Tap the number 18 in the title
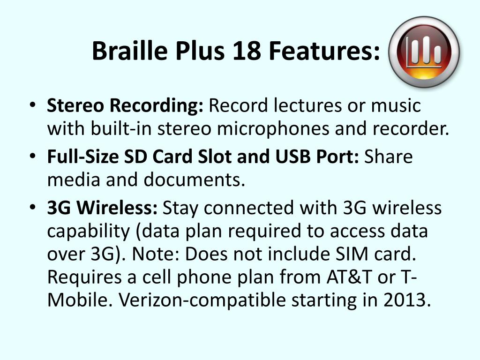pyautogui.click(x=247, y=51)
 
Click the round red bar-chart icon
pyautogui.click(x=424, y=52)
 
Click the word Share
pyautogui.click(x=388, y=157)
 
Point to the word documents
pyautogui.click(x=194, y=180)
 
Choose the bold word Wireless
pyautogui.click(x=117, y=208)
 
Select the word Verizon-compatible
pyautogui.click(x=202, y=300)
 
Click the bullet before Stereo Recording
pyautogui.click(x=33, y=105)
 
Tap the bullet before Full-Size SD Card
pyautogui.click(x=33, y=157)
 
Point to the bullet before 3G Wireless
pyautogui.click(x=33, y=208)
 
